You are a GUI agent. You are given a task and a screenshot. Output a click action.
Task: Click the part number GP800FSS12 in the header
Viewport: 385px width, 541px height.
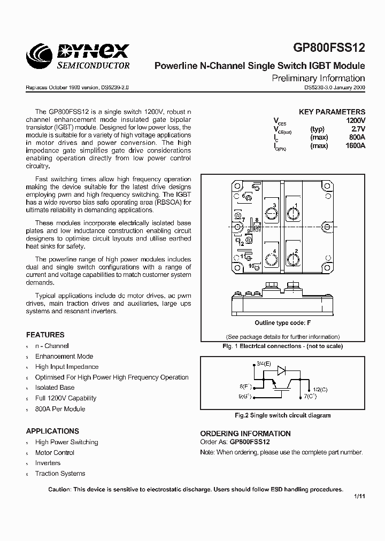pos(329,48)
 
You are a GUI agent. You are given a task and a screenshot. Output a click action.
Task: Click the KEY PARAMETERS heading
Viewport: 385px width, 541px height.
pos(332,112)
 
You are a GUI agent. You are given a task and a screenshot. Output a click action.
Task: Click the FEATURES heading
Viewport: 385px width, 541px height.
pos(45,335)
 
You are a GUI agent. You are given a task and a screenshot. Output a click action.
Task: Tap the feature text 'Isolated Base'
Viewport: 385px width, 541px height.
pos(55,388)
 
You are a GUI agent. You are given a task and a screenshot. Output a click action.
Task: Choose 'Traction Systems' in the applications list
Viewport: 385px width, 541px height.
pos(60,474)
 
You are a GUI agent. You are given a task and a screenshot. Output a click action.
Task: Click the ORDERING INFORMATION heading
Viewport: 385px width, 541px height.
pos(245,434)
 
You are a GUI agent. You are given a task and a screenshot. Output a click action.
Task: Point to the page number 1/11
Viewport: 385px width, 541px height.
pos(359,497)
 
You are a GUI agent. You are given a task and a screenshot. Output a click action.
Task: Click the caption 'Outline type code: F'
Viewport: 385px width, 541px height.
pos(282,323)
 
